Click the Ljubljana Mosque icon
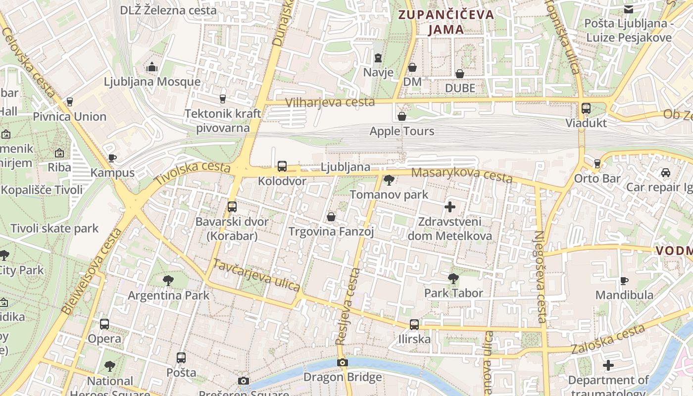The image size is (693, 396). [x=152, y=66]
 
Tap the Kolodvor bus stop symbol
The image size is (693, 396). [x=282, y=166]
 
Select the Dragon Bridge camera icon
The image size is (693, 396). [x=342, y=363]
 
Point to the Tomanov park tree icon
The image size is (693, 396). [x=389, y=180]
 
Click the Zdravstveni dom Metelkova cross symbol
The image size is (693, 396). [x=449, y=207]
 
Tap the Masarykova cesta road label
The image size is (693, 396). [x=461, y=175]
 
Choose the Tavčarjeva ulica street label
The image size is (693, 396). [x=256, y=275]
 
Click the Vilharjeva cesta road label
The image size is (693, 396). [x=330, y=102]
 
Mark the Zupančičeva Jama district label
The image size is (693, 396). [x=446, y=22]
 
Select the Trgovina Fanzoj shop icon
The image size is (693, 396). [x=331, y=217]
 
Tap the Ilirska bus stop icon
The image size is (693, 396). [x=414, y=325]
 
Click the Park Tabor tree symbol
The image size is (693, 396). [x=453, y=279]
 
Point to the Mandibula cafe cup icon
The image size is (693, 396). [x=624, y=281]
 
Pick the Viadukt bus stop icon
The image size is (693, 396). [x=586, y=108]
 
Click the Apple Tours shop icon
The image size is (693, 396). [x=402, y=116]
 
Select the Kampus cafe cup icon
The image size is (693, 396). [x=112, y=158]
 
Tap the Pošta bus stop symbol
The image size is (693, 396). [x=181, y=357]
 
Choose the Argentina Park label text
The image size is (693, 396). [x=169, y=296]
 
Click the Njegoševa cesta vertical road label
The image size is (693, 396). [x=540, y=277]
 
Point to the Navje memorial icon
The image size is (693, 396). [x=378, y=58]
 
